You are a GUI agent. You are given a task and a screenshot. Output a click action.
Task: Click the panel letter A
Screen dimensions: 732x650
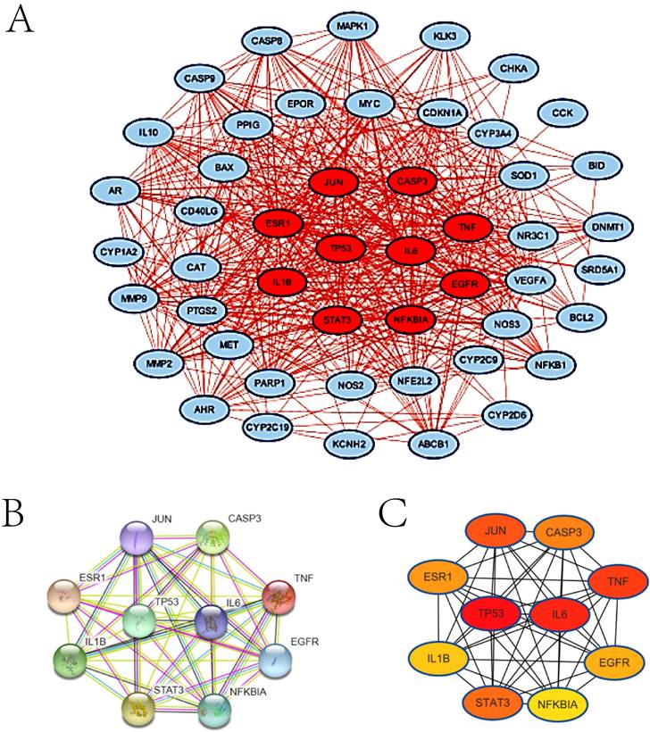(22, 20)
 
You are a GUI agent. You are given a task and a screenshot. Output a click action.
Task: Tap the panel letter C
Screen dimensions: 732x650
(396, 516)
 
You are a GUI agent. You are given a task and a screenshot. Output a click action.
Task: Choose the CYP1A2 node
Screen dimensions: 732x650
(118, 254)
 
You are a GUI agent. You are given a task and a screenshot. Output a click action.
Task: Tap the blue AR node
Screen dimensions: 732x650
(116, 191)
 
